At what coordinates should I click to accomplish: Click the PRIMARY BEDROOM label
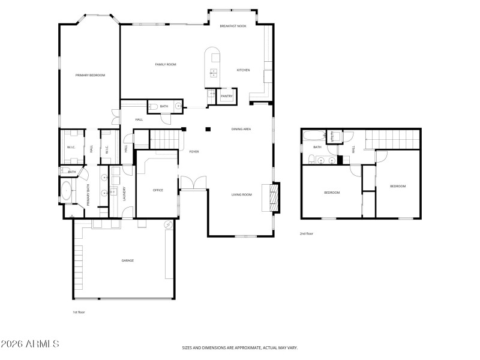click(90, 75)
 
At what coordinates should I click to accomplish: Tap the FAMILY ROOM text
click(165, 64)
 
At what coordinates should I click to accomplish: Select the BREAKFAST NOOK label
click(233, 26)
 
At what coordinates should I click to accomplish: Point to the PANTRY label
click(227, 96)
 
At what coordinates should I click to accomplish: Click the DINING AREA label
click(241, 129)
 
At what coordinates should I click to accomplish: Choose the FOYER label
click(194, 152)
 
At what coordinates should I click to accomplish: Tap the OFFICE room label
click(158, 190)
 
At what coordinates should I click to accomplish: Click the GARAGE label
click(128, 260)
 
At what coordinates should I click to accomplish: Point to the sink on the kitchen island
click(213, 74)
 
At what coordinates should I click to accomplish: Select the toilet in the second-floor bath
click(312, 159)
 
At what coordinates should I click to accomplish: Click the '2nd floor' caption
click(306, 234)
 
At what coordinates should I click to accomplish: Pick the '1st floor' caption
click(79, 312)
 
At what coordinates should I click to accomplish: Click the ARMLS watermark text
click(30, 344)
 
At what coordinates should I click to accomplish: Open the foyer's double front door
click(193, 182)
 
